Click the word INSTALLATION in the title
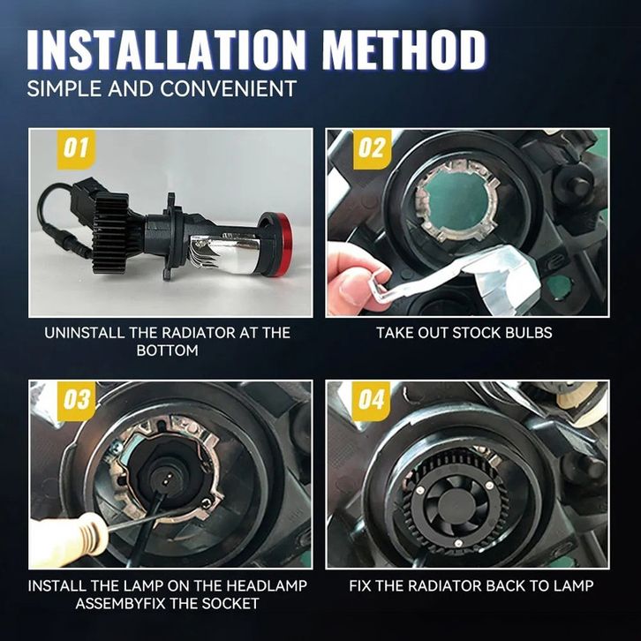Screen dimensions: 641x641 pos(167,49)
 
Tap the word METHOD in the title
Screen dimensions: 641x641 pos(404,49)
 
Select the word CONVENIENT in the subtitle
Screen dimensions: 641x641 pos(228,88)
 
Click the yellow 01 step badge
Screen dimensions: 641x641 pos(76,149)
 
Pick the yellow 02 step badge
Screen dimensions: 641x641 pos(372,149)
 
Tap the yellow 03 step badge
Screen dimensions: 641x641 pos(76,401)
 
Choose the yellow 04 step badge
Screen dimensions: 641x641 pos(371,401)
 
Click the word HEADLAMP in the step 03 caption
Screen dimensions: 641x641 pos(267,585)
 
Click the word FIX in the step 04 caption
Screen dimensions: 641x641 pos(360,585)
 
